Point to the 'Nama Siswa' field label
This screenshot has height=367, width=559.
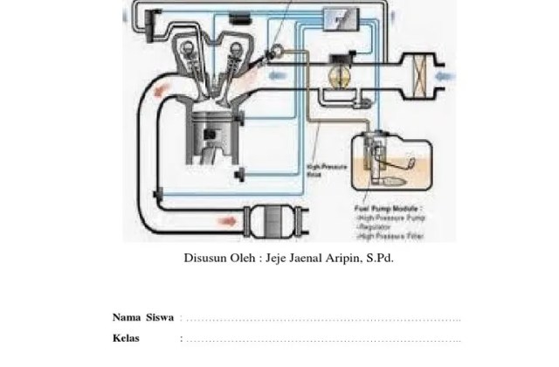(142, 316)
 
